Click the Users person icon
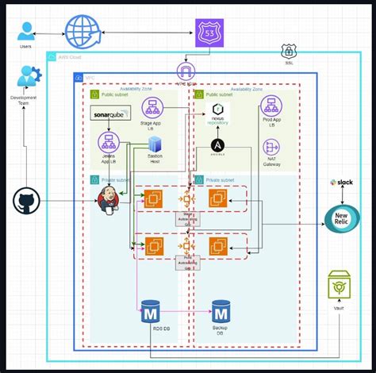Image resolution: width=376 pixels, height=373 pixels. (26, 31)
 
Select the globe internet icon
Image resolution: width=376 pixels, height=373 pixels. (82, 33)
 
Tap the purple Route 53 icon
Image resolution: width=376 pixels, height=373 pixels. (209, 33)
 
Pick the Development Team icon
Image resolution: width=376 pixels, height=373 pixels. (29, 77)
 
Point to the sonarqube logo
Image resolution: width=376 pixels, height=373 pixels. (110, 117)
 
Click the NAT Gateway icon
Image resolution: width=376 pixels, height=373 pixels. (271, 147)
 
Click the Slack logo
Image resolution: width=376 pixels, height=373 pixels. (342, 183)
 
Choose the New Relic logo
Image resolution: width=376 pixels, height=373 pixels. (342, 217)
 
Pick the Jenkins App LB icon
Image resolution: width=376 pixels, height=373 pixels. (109, 143)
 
